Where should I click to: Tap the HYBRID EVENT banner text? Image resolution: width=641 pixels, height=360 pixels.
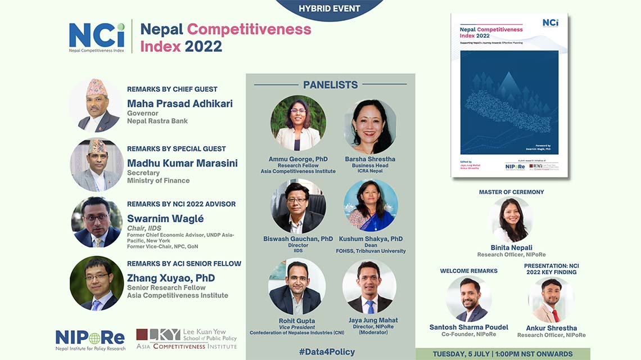(329, 8)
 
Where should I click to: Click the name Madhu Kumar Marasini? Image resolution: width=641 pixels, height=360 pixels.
(182, 163)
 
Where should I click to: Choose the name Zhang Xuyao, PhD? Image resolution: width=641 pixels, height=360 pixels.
(171, 278)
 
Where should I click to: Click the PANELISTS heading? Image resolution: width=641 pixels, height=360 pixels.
(330, 85)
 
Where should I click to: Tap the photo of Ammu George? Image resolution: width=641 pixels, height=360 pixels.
(298, 123)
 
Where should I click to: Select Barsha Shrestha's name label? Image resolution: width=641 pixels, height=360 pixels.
(369, 159)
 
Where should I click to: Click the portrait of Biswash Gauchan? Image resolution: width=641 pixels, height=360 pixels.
(298, 206)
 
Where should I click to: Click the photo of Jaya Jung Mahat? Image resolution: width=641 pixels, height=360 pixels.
(369, 287)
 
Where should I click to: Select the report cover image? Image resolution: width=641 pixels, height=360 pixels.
(509, 96)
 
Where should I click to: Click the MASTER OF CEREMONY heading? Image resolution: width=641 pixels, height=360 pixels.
(511, 192)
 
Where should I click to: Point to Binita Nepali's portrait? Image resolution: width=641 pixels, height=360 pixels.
(511, 219)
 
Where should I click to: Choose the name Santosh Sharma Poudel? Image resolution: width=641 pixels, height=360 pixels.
(468, 327)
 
